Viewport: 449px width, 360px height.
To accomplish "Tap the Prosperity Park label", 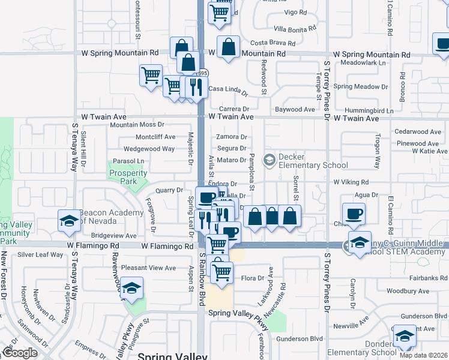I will [128, 178].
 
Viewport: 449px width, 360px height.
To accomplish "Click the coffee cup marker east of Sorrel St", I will [354, 214].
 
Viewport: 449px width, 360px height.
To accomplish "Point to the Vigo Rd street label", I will [295, 12].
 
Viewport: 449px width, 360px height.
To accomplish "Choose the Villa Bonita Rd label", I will [295, 28].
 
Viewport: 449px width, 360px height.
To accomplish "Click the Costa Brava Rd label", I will [273, 43].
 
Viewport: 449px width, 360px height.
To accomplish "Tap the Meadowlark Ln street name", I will [362, 62].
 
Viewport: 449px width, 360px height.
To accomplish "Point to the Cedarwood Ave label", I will [418, 131].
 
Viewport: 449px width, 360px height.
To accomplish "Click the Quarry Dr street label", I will [169, 190].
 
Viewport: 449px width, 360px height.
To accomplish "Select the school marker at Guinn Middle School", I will [359, 244].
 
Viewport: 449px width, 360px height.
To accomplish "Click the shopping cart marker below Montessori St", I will [151, 76].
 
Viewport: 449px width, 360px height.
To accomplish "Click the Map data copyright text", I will [424, 355].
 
